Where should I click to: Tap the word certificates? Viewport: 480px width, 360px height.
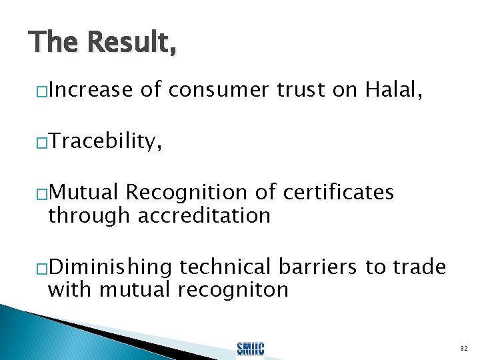pos(338,193)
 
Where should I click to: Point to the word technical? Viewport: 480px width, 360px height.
pos(225,267)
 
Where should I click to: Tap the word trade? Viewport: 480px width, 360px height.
pos(419,267)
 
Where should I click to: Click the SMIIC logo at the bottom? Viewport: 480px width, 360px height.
pos(251,347)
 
